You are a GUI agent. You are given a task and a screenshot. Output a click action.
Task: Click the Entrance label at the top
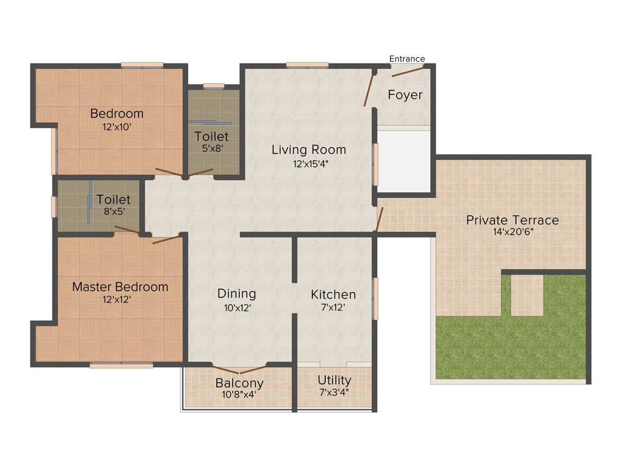(407, 59)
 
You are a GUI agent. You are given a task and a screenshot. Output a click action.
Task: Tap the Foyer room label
(405, 95)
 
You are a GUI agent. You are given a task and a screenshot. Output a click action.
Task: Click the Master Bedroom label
(120, 286)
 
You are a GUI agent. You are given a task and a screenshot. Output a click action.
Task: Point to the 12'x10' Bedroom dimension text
(117, 126)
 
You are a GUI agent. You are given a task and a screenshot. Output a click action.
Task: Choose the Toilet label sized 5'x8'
(212, 136)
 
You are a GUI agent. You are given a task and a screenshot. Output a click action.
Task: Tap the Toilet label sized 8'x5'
(114, 200)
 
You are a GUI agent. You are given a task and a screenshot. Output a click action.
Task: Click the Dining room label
(237, 294)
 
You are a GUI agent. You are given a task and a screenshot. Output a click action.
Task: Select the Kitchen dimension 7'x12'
(333, 308)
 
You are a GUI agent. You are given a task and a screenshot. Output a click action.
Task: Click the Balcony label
(239, 383)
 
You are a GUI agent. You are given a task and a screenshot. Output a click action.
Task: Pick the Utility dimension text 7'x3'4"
(334, 393)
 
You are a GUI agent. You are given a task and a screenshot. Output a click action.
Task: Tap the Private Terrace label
(512, 220)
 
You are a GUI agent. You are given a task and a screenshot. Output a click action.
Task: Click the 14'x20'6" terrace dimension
(513, 232)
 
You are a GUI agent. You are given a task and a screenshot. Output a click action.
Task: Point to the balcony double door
(239, 369)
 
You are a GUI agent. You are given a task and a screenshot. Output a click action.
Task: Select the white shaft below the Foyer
(403, 159)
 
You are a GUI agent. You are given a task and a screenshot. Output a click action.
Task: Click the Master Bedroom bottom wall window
(121, 365)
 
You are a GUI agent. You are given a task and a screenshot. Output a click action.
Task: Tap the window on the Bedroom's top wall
(142, 65)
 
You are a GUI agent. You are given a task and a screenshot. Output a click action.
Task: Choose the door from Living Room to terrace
(380, 219)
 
